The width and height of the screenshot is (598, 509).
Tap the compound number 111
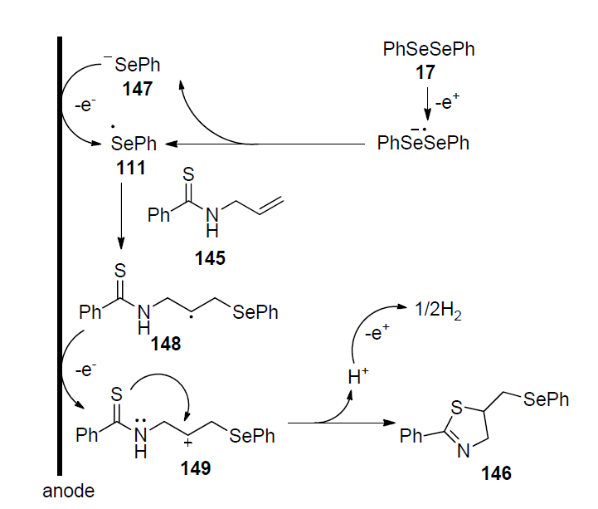click(130, 169)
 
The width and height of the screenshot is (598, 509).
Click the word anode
click(68, 491)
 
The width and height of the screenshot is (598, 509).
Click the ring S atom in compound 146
click(457, 408)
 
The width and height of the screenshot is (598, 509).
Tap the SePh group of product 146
click(547, 399)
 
